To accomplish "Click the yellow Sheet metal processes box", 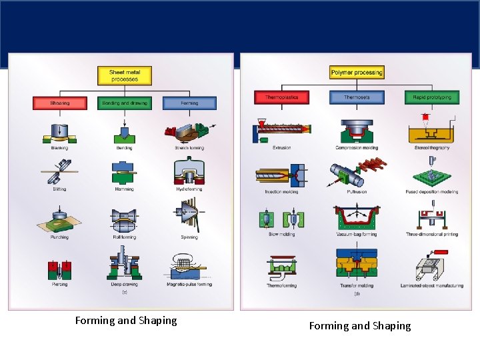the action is click(125, 76).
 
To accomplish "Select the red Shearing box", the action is click(59, 103).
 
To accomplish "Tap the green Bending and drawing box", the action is click(125, 103).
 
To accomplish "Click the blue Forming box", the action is click(189, 103).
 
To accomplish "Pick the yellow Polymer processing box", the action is click(357, 72).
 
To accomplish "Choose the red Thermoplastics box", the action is click(281, 97).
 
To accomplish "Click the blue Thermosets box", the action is click(357, 97).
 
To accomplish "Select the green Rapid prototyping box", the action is click(432, 97).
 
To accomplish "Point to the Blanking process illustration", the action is click(59, 132).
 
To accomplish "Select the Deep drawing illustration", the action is click(124, 263).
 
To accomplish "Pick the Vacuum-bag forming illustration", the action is click(357, 217).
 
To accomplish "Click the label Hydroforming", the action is click(189, 189).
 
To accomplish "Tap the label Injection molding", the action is click(281, 192).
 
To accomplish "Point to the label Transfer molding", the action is click(357, 286).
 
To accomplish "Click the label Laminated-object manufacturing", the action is click(432, 286).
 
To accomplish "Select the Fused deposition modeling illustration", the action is click(432, 174).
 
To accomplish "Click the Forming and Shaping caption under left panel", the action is click(126, 321).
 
